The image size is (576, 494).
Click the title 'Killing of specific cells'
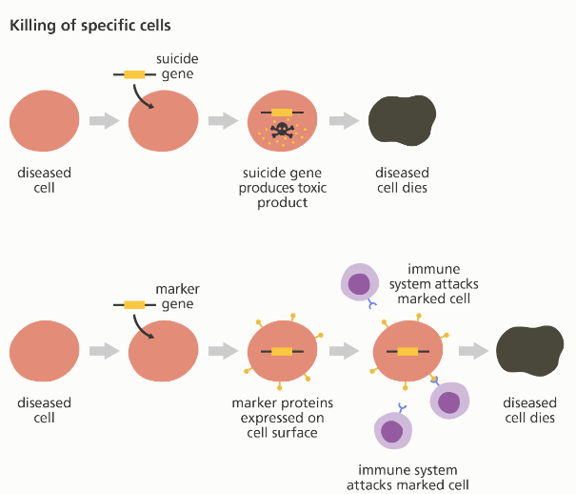click(84, 25)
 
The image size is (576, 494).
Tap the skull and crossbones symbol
click(281, 133)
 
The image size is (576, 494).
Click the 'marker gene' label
click(176, 296)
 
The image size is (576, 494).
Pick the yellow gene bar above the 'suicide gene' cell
click(134, 73)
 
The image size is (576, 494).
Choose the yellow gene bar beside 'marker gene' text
click(133, 304)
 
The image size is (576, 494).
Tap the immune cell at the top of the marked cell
click(360, 283)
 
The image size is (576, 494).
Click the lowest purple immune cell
click(391, 429)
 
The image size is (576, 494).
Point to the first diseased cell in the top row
click(45, 121)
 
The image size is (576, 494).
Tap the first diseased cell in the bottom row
click(45, 352)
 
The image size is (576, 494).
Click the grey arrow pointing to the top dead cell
click(343, 121)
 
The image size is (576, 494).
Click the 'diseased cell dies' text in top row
click(402, 180)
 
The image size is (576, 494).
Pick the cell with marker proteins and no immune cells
click(282, 351)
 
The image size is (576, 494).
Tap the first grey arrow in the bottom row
click(102, 351)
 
